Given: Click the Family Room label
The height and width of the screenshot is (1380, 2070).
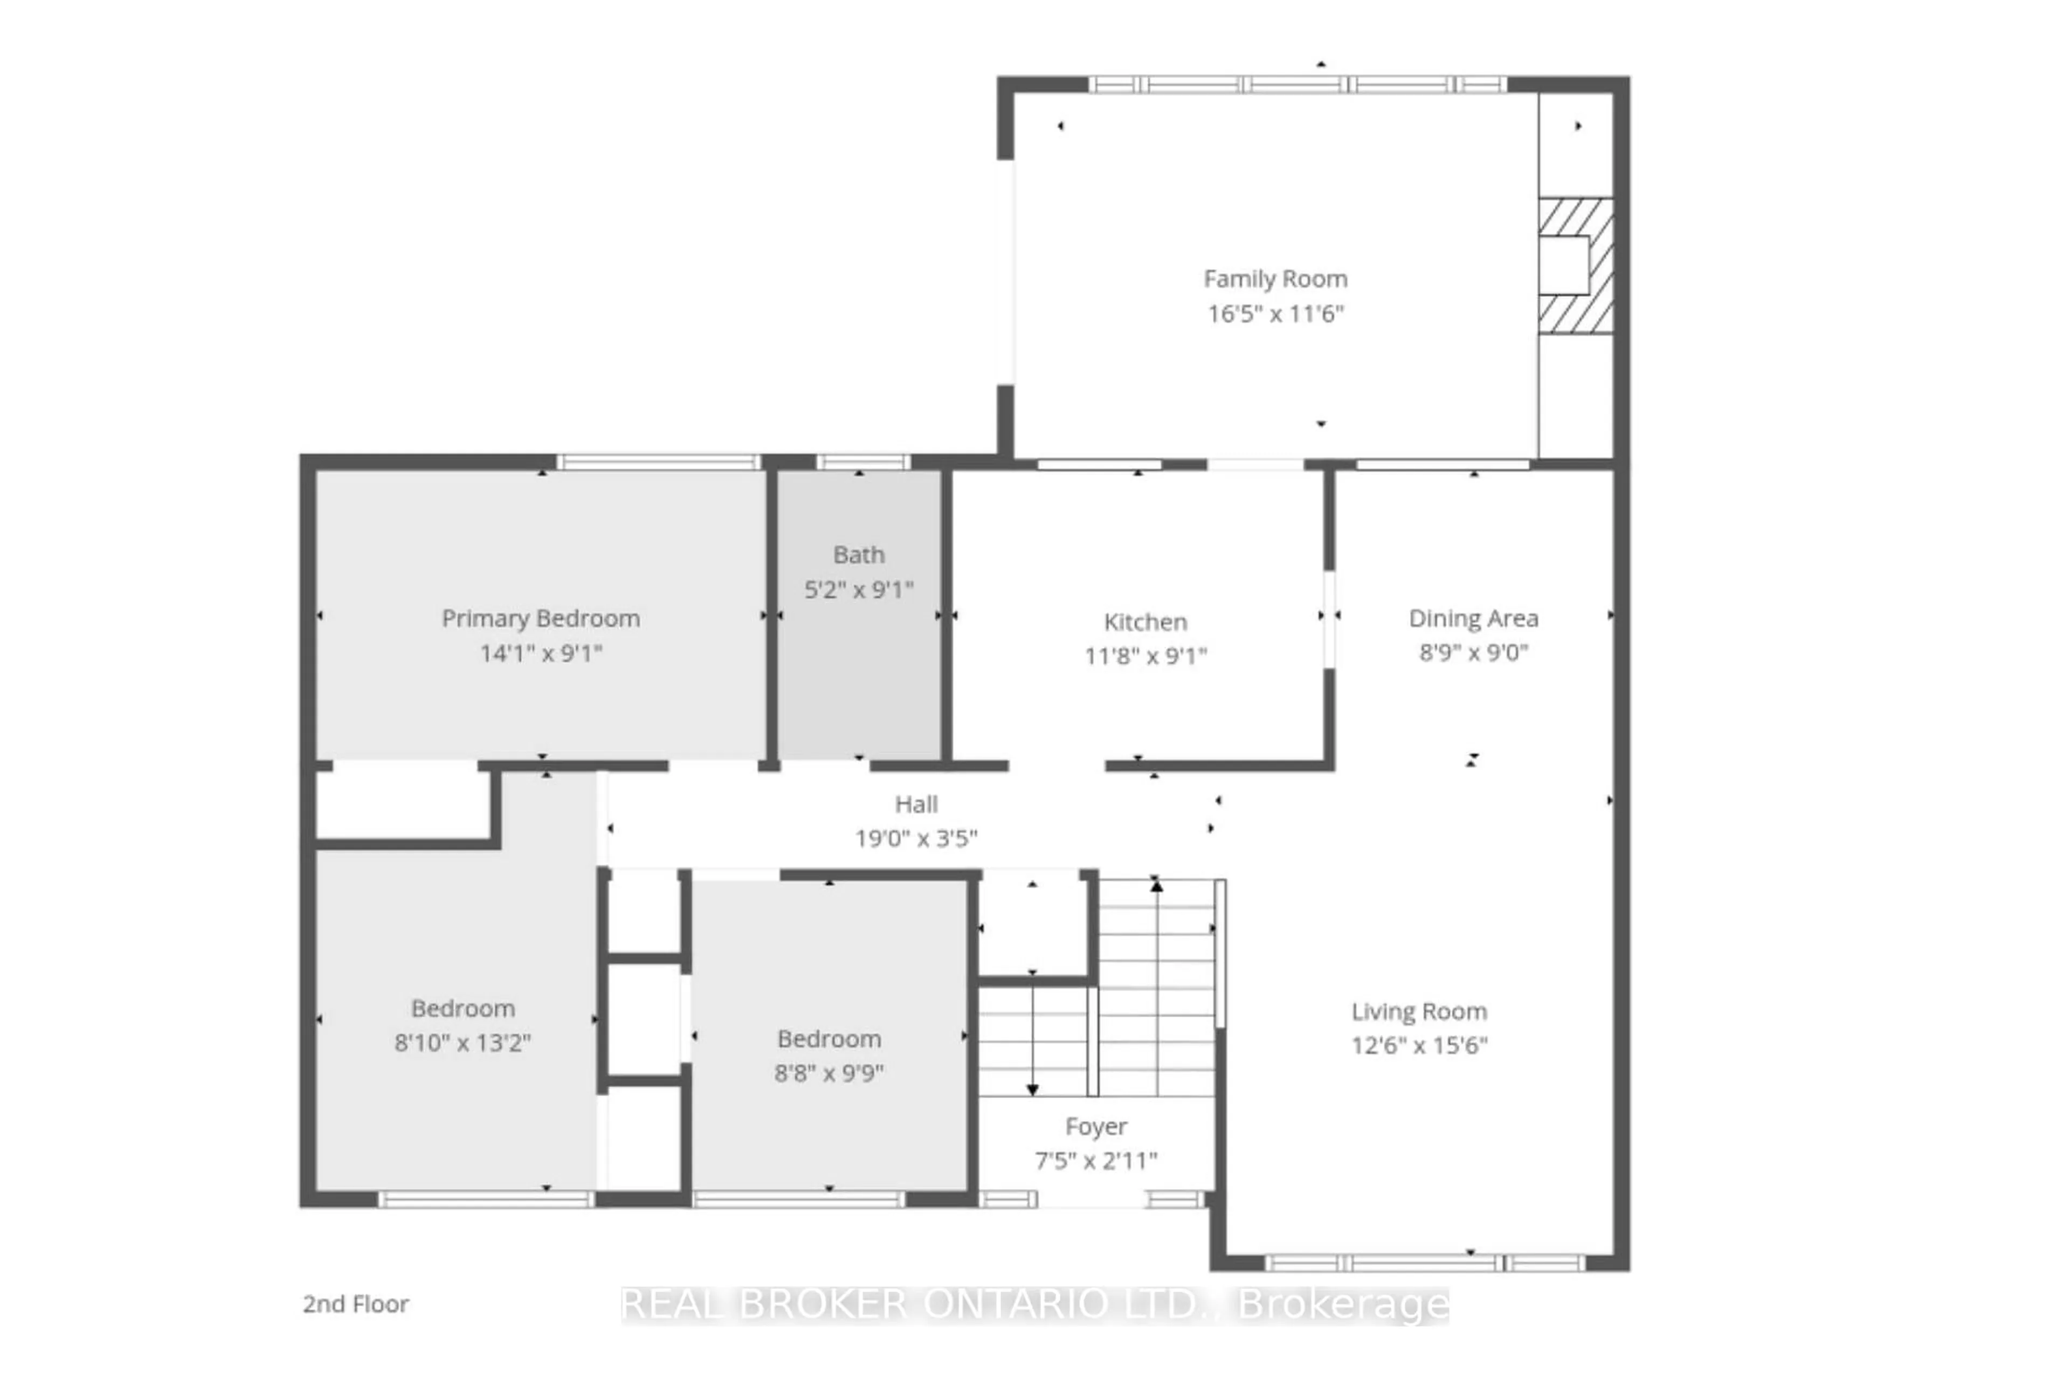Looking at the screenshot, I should tap(1275, 279).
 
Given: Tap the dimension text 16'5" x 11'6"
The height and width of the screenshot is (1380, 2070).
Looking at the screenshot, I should tap(1275, 313).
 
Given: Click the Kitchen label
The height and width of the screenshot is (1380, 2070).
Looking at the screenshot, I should tap(1145, 622).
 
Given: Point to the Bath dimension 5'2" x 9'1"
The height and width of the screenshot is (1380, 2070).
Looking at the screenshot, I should tap(858, 590).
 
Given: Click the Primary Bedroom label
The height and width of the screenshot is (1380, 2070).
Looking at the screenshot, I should tap(540, 619).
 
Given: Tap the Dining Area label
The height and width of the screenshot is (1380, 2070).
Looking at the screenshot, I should tap(1473, 619).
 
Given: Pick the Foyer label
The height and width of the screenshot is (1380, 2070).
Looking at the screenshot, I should tap(1096, 1127).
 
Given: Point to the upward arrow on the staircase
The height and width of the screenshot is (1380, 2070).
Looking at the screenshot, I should tap(1156, 886).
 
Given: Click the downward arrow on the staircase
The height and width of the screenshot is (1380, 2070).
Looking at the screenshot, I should tap(1032, 1089).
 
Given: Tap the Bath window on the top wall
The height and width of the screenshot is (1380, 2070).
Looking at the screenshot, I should tap(862, 462).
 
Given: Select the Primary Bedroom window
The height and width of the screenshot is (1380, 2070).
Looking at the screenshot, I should tap(658, 462).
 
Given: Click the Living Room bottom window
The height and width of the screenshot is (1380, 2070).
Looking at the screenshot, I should tap(1425, 1263).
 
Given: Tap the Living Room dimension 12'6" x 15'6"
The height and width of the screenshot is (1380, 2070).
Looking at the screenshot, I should tap(1419, 1046).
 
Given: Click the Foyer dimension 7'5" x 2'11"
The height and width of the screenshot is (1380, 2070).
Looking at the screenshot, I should tap(1096, 1161).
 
